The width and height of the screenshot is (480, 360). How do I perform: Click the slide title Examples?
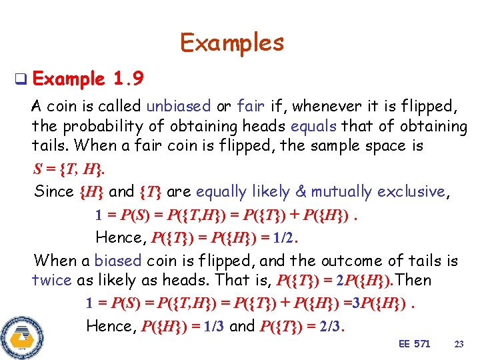232,43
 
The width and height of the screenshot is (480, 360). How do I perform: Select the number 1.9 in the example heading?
127,79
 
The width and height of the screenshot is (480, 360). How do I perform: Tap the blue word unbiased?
178,106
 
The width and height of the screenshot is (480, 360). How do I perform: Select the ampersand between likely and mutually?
301,192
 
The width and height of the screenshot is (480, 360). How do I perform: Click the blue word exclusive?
411,192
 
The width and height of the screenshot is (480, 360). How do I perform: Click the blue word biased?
118,261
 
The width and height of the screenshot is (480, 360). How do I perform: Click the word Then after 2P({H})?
413,281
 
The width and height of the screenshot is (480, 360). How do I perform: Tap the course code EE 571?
414,344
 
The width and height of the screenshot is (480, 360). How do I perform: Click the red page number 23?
459,344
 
